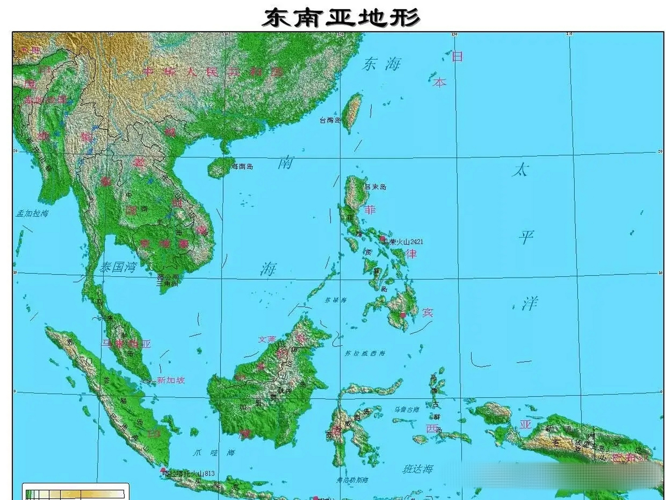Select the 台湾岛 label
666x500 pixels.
[330, 120]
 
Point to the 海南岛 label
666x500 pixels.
[242, 166]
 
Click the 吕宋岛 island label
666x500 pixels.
[375, 187]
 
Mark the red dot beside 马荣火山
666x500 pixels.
[383, 238]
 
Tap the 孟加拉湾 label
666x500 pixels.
[32, 213]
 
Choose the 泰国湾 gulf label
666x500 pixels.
[118, 268]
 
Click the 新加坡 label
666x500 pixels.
[170, 380]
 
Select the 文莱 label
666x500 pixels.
[267, 339]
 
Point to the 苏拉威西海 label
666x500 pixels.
[364, 353]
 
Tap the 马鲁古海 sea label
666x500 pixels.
[407, 410]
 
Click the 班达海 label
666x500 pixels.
[418, 469]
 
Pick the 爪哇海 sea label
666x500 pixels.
[214, 453]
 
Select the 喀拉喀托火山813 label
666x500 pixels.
[189, 474]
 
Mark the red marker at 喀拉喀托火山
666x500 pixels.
[163, 470]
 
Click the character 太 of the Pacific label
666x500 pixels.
[521, 170]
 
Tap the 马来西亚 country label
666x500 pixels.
[126, 344]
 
